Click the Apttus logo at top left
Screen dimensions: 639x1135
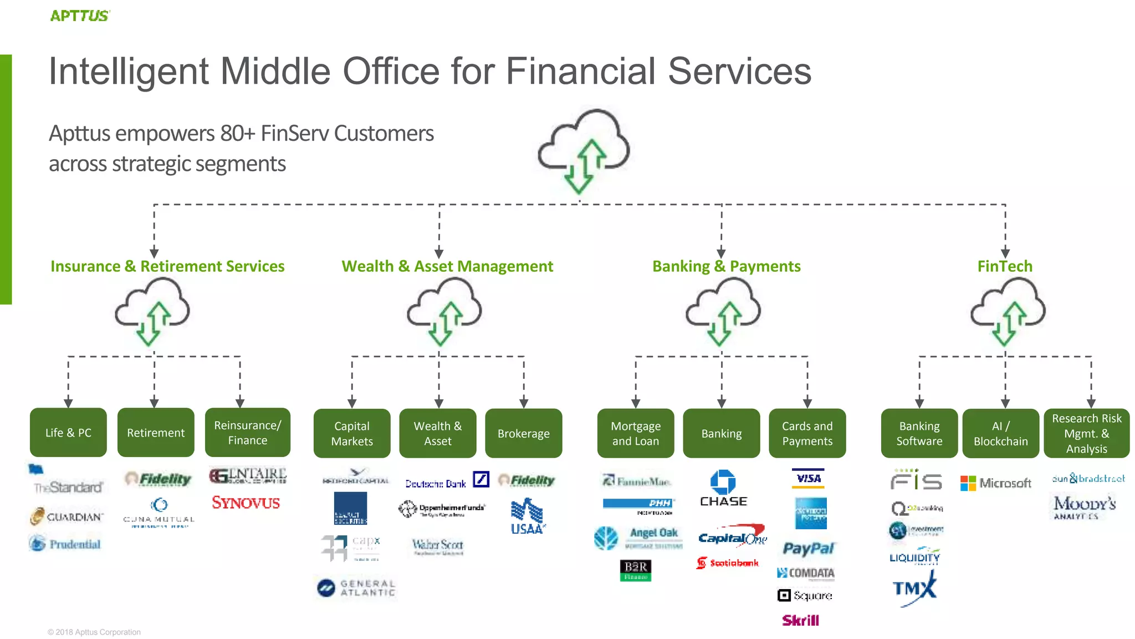tap(80, 16)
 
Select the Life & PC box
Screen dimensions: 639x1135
tap(68, 433)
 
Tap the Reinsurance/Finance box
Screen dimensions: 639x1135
tap(247, 433)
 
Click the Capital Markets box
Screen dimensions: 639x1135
tap(352, 433)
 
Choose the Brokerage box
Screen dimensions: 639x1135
tap(523, 433)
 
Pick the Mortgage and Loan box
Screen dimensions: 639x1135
tap(636, 433)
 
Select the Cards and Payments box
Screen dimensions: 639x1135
tap(807, 433)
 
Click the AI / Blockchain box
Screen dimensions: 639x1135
tap(1000, 433)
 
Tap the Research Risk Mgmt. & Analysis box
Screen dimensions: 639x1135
tap(1086, 433)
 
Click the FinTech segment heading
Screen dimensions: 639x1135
tap(1005, 266)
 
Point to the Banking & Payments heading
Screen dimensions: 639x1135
tap(726, 266)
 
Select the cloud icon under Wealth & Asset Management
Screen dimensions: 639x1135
tap(444, 311)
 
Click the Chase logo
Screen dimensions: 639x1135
tap(723, 488)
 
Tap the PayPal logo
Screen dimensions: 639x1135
tap(808, 549)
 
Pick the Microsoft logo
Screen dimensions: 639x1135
tap(996, 483)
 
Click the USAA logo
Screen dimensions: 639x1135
tap(527, 516)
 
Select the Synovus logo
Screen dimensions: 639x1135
tap(246, 503)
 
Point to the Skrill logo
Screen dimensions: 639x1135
tap(800, 620)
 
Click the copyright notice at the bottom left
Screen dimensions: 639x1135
tap(94, 632)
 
